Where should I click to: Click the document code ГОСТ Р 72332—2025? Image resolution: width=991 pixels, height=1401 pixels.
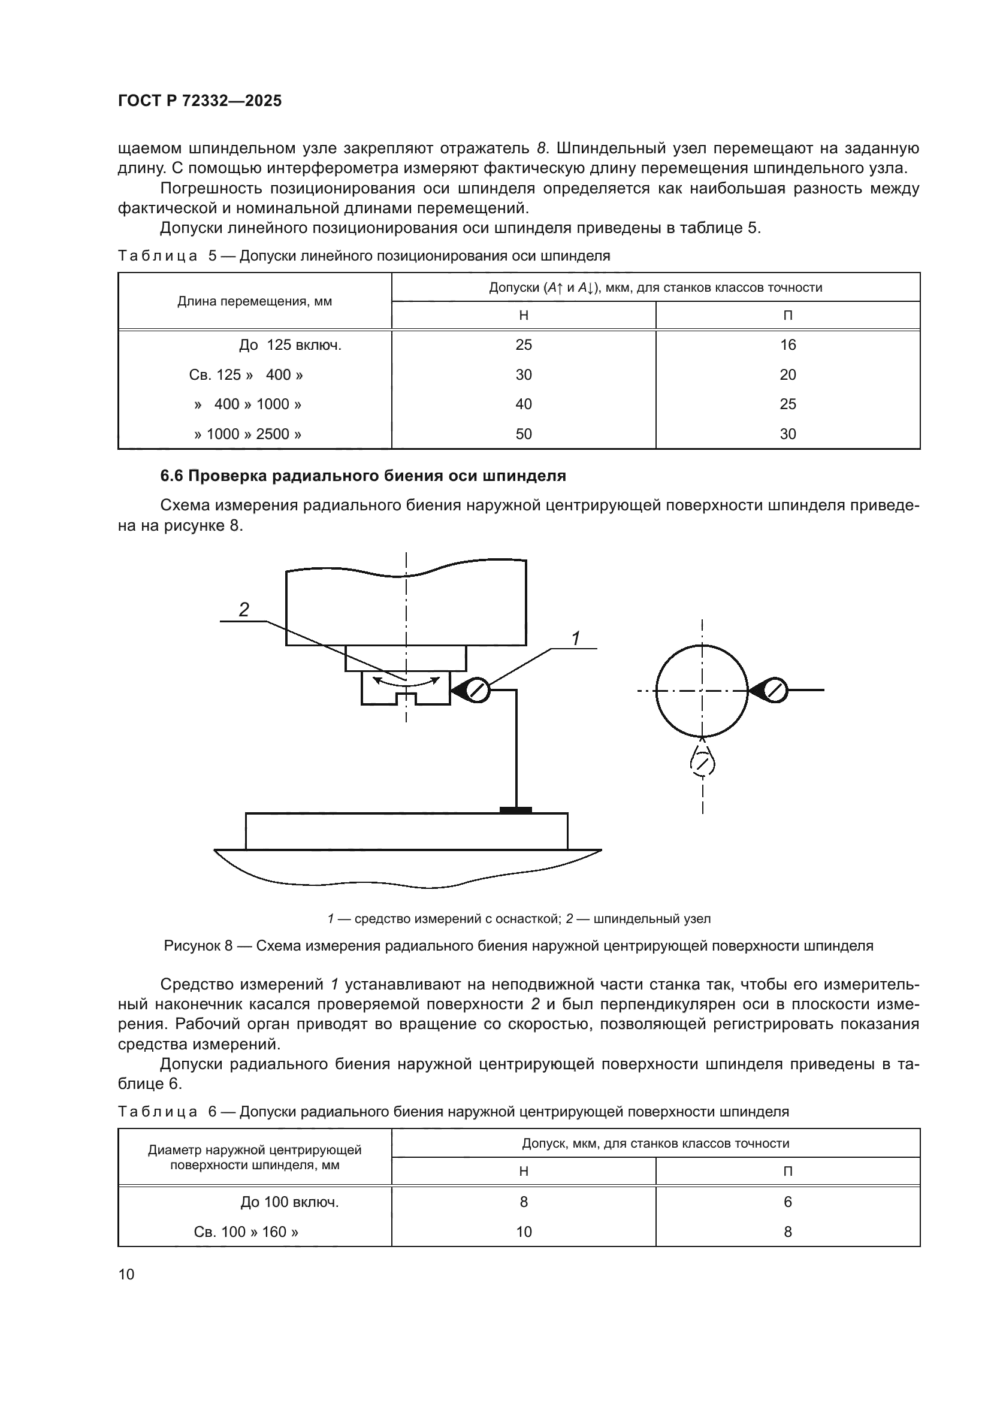tap(200, 101)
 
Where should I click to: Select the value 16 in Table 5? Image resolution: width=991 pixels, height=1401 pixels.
tap(787, 345)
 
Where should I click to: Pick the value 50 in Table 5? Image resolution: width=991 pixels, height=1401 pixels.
tap(523, 434)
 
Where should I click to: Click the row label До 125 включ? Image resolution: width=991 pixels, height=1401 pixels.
tap(290, 346)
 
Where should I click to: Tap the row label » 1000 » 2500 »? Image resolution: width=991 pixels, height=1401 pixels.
tap(248, 434)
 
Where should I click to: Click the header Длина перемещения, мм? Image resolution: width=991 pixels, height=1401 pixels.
tap(255, 301)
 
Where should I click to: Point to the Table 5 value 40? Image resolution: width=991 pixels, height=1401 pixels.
tap(523, 404)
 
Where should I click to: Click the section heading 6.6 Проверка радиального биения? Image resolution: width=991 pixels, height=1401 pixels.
tap(362, 476)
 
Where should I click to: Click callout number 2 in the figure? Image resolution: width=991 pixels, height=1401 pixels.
tap(243, 609)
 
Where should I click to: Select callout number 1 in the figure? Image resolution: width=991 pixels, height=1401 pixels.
tap(575, 639)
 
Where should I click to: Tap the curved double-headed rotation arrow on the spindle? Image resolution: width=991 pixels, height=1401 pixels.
tap(406, 682)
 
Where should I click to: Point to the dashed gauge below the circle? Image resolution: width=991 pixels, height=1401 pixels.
tap(702, 762)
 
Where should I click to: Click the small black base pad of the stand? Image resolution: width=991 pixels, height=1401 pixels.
tap(515, 810)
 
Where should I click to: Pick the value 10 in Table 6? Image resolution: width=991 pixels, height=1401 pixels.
tap(523, 1232)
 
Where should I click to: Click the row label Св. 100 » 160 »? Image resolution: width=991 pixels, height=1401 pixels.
tap(246, 1232)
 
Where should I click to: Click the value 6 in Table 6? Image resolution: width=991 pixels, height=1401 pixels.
tap(787, 1202)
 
